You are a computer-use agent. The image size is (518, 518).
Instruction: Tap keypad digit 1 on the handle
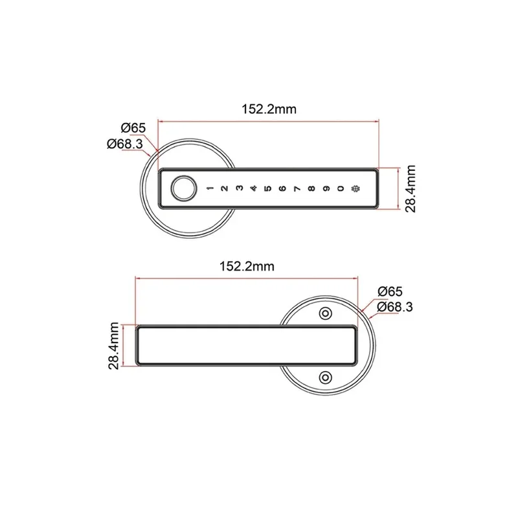point(209,190)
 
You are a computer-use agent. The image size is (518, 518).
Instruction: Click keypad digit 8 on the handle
point(311,190)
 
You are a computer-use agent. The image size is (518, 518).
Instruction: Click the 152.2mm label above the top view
point(269,109)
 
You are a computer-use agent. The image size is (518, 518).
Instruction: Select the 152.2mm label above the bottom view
point(247,266)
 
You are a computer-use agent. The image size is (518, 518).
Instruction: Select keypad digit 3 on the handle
point(238,190)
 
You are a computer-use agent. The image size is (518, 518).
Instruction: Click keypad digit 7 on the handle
point(297,190)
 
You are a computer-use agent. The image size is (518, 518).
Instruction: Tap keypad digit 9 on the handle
point(326,190)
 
